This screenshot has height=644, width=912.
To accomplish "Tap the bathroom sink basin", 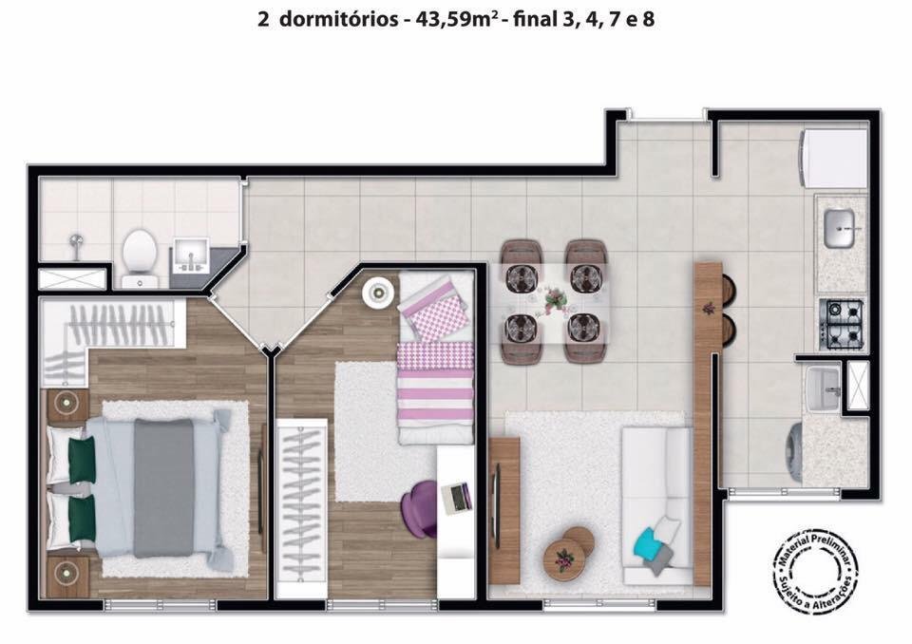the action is [190, 256].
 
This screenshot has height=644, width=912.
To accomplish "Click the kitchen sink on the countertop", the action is [839, 228].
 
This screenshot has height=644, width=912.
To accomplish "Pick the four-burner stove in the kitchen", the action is [841, 324].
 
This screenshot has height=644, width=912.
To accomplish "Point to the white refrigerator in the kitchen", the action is [835, 159].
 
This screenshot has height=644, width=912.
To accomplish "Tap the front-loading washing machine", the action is [794, 452].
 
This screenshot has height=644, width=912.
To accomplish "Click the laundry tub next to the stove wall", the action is [823, 388].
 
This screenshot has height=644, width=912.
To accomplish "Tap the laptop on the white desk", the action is [457, 499].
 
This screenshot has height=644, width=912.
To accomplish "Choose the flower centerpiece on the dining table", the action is [555, 299].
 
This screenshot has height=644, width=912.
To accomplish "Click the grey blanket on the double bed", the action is [163, 487].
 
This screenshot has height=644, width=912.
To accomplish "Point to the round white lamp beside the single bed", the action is [377, 292].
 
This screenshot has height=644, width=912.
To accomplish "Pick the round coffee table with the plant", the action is [563, 557].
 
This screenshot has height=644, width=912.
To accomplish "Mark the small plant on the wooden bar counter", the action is [708, 307].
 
